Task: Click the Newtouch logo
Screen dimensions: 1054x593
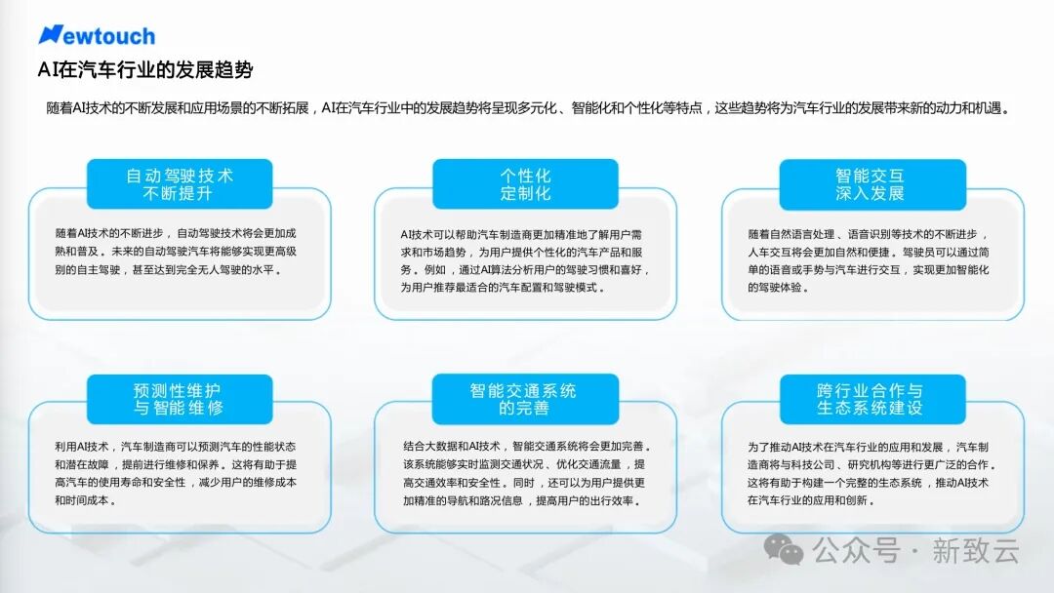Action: [97, 35]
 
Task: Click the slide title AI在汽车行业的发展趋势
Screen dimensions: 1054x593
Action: [145, 70]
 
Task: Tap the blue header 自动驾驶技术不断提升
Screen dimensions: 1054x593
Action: [180, 184]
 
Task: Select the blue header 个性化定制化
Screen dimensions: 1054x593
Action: [525, 184]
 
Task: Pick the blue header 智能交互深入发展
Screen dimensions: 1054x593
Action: [872, 184]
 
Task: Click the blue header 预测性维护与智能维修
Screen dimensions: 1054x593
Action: [180, 399]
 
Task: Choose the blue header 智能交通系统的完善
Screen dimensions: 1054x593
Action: [525, 399]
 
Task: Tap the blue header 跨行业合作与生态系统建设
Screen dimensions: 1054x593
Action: [872, 400]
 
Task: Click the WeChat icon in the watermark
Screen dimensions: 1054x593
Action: [783, 550]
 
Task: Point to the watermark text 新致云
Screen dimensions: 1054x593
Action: [975, 551]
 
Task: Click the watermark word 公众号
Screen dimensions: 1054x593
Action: [856, 551]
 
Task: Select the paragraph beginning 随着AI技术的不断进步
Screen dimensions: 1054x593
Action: [176, 252]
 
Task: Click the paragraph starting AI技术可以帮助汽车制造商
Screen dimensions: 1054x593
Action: [525, 260]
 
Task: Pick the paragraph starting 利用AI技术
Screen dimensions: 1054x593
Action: [176, 473]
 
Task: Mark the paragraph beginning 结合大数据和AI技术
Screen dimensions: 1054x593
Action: [527, 473]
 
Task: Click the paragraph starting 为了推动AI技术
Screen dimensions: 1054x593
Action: [872, 473]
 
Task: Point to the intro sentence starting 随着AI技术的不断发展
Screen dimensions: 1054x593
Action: [528, 108]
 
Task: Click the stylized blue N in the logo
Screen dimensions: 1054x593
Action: [51, 34]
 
